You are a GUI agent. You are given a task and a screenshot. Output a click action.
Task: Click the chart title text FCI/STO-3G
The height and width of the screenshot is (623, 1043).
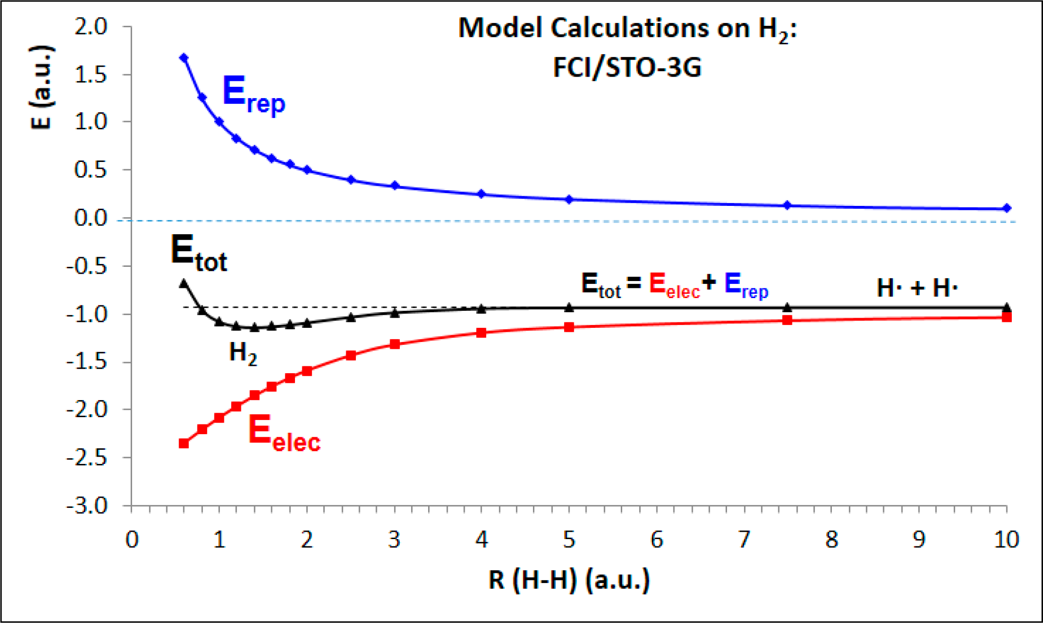(627, 67)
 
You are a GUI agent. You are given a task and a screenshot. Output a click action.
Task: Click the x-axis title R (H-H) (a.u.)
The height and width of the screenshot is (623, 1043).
(569, 580)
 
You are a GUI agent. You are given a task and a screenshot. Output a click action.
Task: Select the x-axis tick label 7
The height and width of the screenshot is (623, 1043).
(744, 540)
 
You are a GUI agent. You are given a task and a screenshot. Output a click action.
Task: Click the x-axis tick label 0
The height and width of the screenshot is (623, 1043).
(132, 540)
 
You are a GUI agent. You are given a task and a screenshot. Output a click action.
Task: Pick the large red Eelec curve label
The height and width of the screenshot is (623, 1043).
(284, 433)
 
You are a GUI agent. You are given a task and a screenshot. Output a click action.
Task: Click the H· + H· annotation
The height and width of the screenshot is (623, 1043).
(917, 287)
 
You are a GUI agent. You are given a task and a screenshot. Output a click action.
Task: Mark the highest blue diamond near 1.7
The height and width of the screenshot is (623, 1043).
(184, 58)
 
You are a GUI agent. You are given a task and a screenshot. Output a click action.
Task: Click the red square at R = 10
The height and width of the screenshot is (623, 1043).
(1006, 317)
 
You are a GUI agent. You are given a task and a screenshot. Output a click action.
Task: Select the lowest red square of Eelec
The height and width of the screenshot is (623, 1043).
(184, 443)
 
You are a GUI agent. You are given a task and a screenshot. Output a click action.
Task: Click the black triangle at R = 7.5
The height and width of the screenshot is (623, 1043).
(787, 307)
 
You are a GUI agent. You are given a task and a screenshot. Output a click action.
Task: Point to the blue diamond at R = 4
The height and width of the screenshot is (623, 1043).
(481, 194)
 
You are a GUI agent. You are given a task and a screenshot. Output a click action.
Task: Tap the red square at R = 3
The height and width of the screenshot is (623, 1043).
(395, 344)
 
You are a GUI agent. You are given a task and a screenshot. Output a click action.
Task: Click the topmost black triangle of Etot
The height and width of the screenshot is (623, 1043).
(184, 283)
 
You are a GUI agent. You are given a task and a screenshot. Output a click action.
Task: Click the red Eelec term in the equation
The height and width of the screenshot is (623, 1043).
(674, 285)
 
